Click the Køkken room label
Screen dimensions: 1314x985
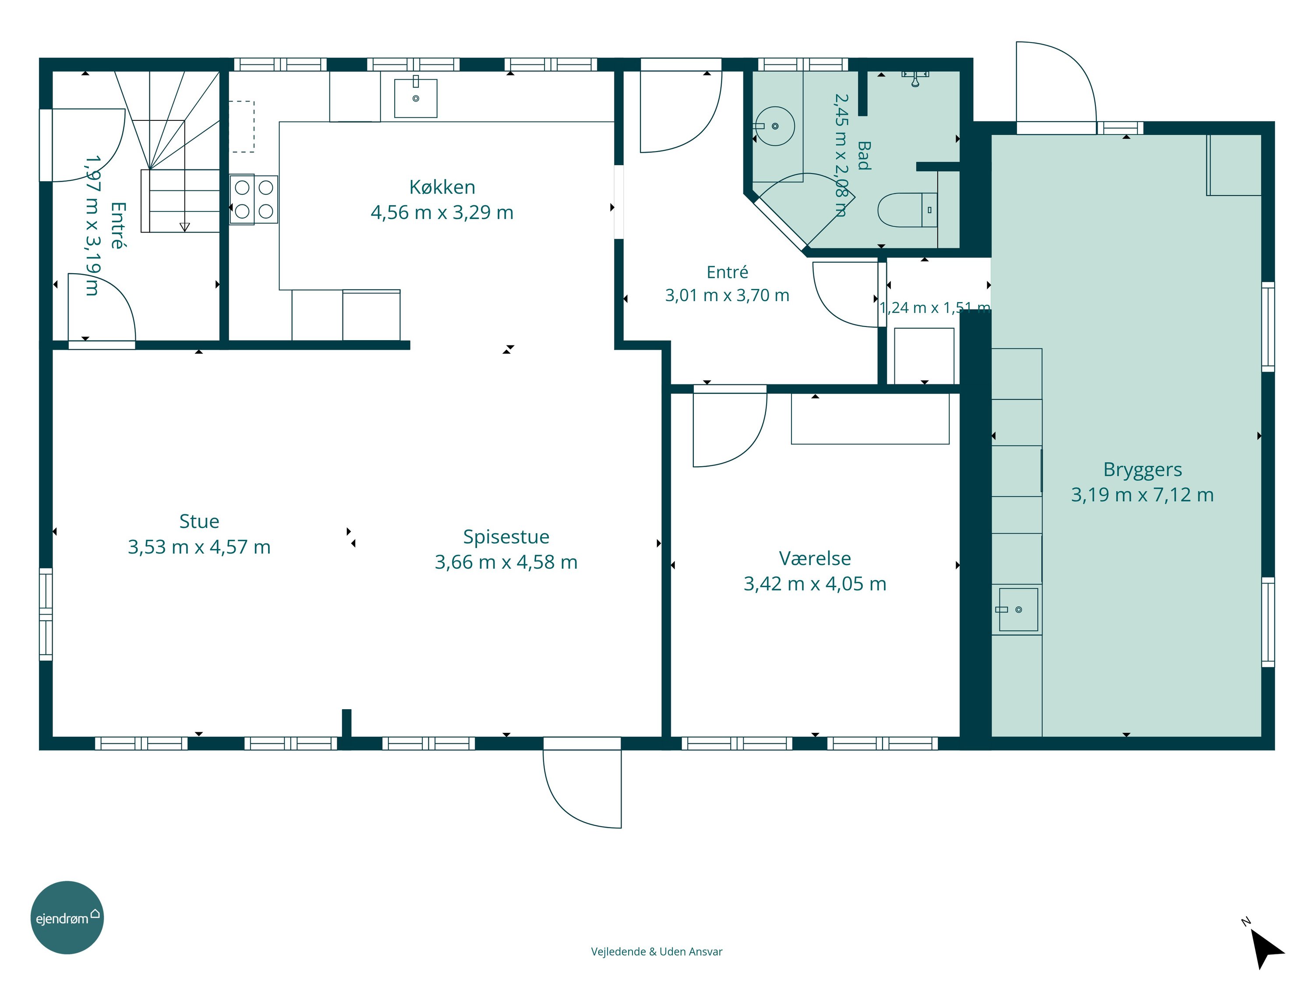click(x=442, y=187)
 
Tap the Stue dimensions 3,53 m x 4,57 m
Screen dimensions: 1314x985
click(x=199, y=547)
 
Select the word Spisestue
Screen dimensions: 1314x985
click(x=506, y=537)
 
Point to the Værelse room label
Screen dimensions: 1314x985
click(x=815, y=558)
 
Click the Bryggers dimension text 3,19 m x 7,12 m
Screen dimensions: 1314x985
click(x=1142, y=495)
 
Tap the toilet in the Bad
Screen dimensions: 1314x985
click(x=907, y=210)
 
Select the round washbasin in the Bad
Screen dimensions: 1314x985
click(x=775, y=126)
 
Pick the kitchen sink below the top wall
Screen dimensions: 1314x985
click(x=416, y=98)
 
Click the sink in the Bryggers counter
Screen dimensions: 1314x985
click(x=1018, y=609)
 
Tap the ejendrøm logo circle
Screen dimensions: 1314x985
click(x=67, y=917)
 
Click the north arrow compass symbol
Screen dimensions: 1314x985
click(x=1267, y=947)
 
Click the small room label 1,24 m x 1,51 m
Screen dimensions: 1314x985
click(x=934, y=308)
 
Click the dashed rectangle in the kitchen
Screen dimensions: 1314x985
click(x=242, y=127)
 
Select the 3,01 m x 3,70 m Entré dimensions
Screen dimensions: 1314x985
click(x=727, y=295)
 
